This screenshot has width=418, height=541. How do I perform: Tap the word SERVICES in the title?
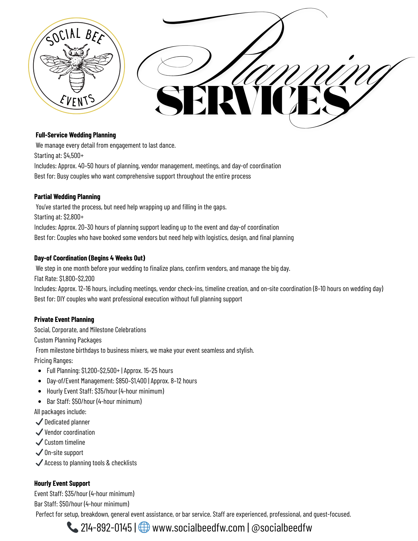252,101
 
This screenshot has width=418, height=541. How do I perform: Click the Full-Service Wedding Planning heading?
76,135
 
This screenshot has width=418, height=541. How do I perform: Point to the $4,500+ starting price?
74,156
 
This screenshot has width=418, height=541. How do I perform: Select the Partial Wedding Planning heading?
67,197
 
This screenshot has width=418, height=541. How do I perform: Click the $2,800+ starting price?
74,217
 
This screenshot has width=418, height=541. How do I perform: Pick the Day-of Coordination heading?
90,258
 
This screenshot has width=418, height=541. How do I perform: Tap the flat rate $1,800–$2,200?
77,279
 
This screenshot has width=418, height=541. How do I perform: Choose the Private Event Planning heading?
64,319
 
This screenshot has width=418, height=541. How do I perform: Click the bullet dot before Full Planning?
40,371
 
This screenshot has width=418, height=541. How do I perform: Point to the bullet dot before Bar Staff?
40,402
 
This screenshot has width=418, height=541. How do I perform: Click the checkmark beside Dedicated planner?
39,422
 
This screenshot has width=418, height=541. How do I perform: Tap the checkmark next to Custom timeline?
39,442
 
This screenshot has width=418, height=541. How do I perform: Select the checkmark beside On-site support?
39,452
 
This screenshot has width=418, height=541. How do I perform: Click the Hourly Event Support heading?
62,483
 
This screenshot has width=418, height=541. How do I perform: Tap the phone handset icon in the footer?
72,527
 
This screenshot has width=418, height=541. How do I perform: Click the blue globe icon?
144,527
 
